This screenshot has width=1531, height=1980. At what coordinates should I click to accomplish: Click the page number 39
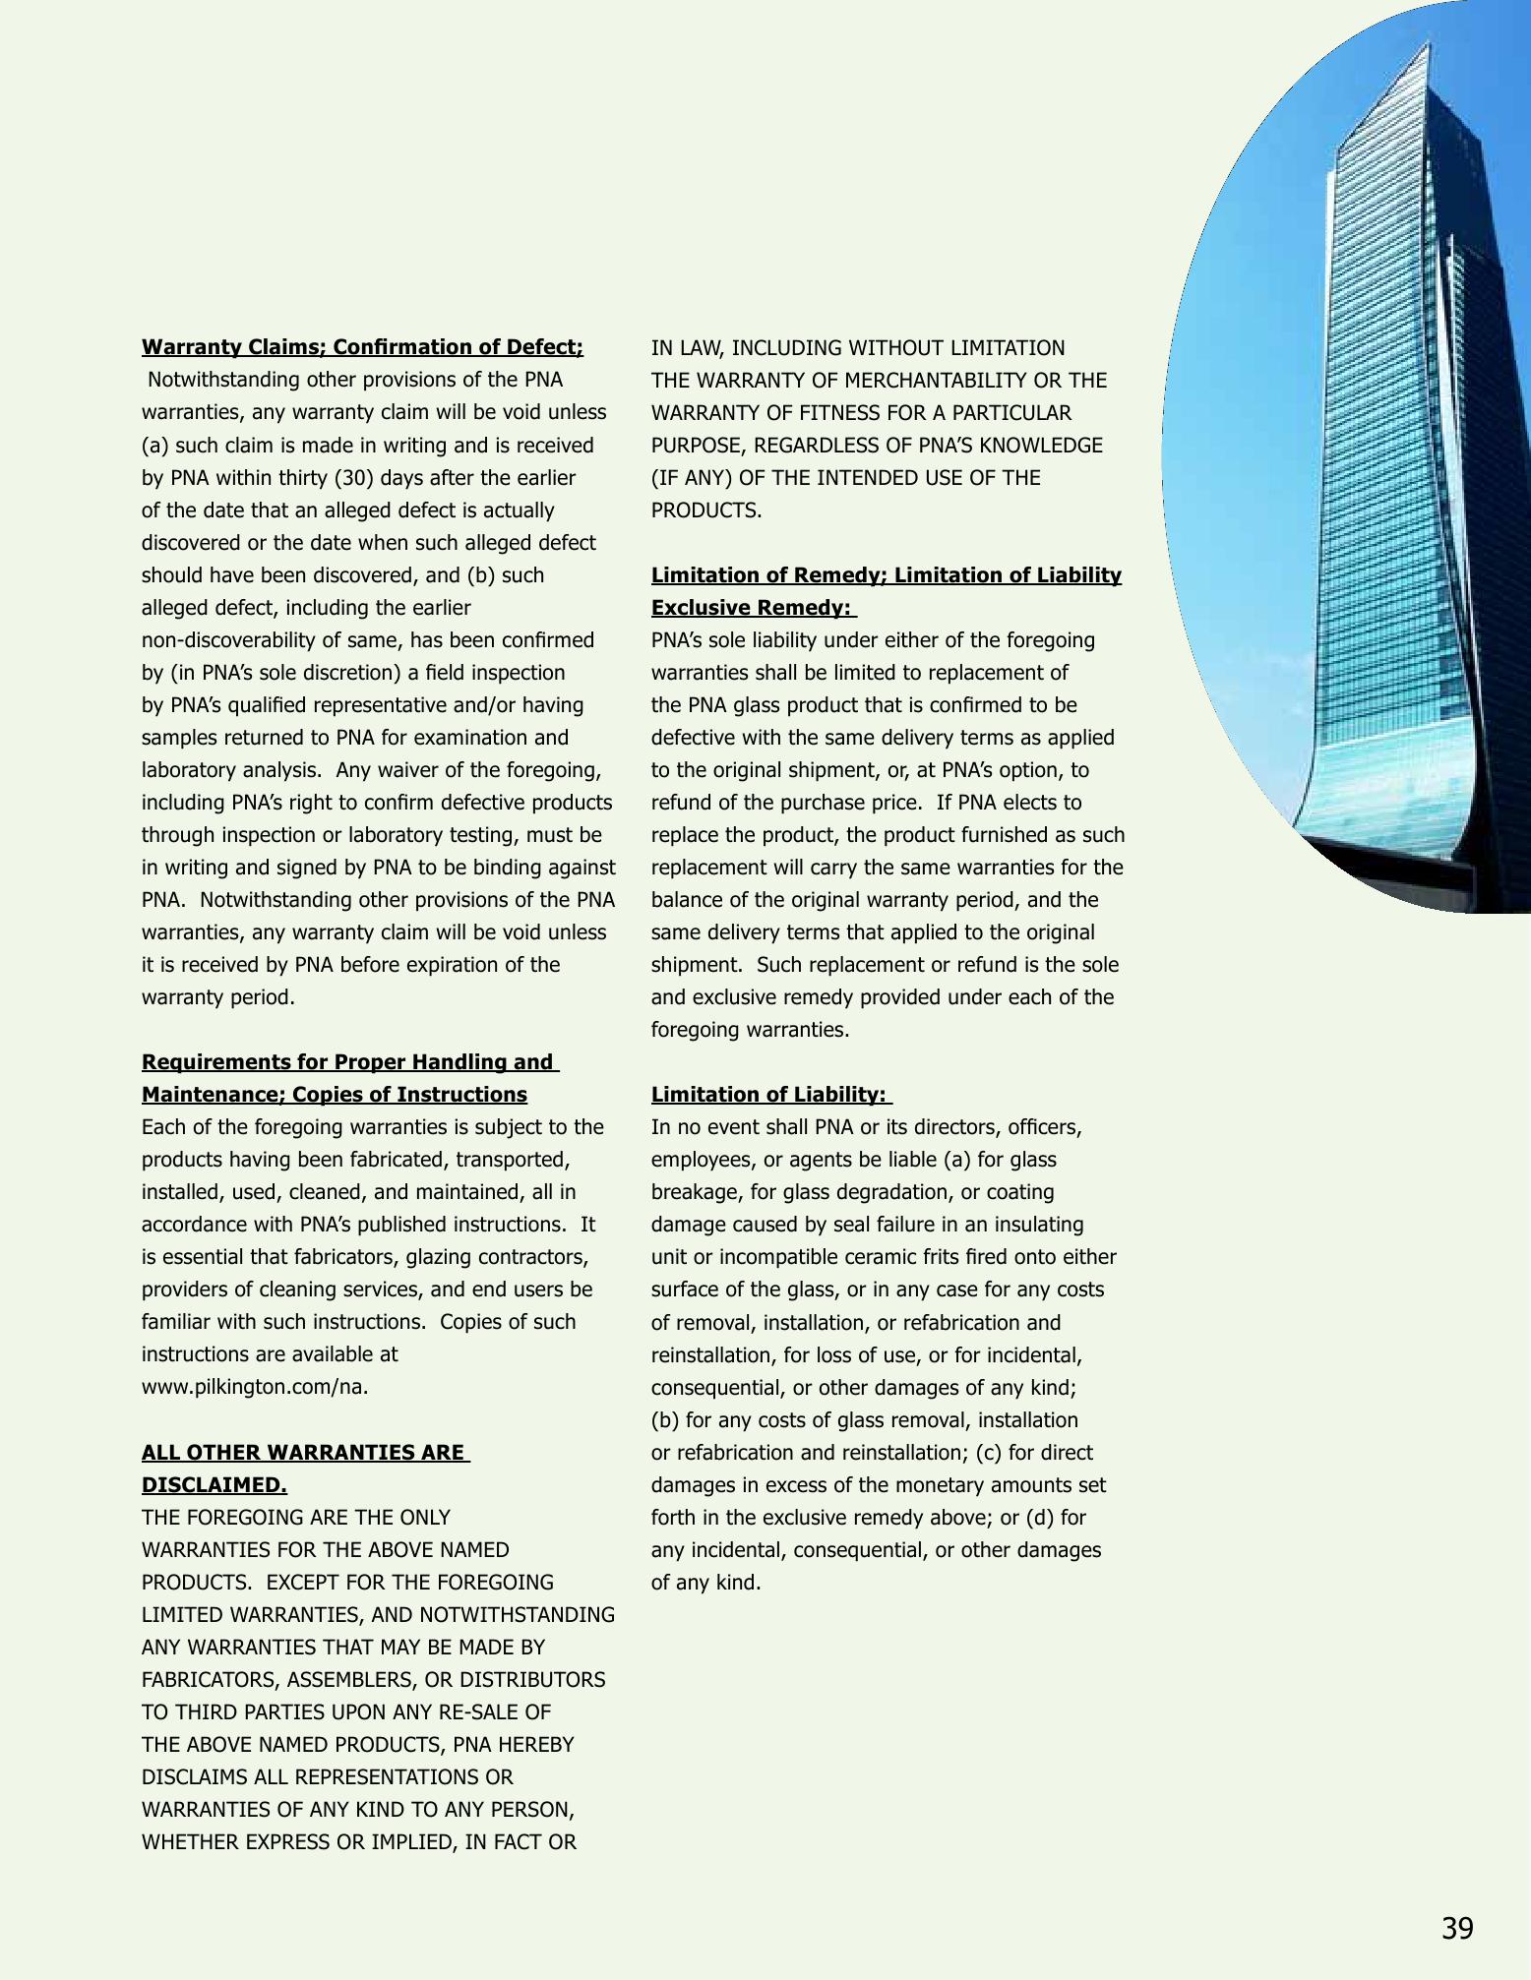tap(1457, 1929)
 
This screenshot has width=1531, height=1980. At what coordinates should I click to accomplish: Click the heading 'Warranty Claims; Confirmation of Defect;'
tap(362, 347)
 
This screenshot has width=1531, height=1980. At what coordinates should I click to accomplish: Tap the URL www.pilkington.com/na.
tap(255, 1387)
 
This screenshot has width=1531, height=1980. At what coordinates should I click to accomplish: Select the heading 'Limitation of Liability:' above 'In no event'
tap(768, 1095)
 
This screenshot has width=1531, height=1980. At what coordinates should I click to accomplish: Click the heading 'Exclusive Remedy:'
tap(751, 608)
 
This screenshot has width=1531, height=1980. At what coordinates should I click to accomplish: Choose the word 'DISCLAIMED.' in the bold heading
tap(214, 1484)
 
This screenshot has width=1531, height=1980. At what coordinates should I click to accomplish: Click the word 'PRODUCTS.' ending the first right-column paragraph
tap(705, 510)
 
